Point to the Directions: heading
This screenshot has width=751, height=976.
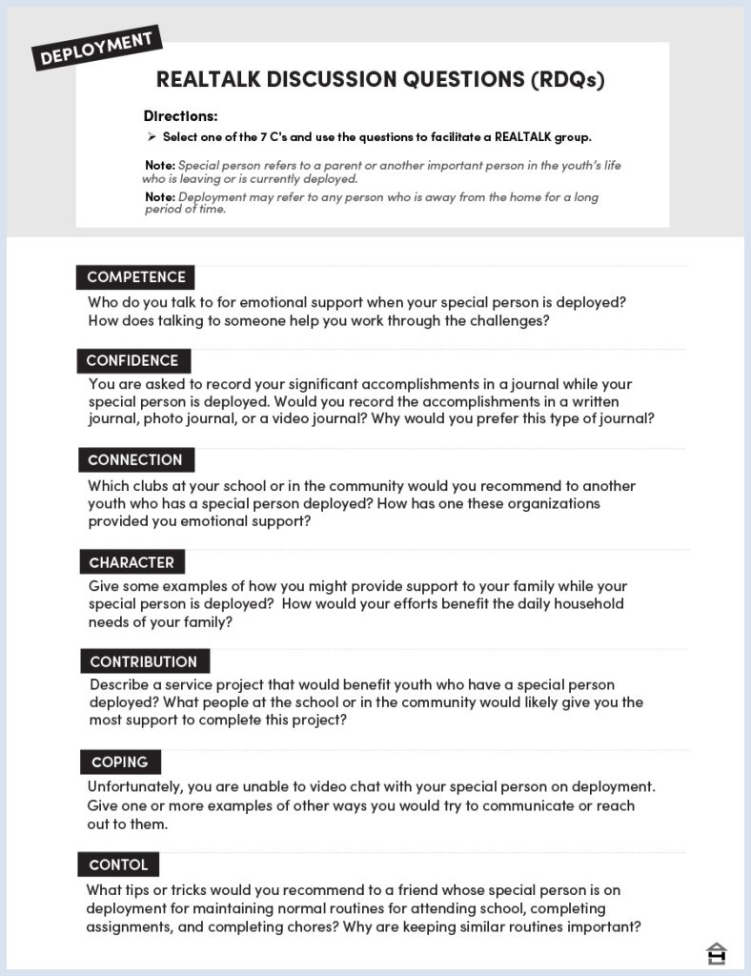pos(181,116)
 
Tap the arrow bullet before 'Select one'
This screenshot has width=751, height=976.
pos(152,137)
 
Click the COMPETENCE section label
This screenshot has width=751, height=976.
pos(136,277)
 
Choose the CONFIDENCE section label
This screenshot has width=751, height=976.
pos(132,360)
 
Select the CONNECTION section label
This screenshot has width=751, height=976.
pos(135,459)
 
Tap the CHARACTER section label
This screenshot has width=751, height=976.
pos(132,562)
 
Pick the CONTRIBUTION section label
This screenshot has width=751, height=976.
pos(143,661)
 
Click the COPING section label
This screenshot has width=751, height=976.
pos(120,762)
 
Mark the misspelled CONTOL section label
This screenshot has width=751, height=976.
pos(118,864)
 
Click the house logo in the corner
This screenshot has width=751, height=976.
pos(716,953)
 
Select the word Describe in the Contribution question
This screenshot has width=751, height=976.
pos(121,684)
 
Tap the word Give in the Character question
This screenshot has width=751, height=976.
pos(105,586)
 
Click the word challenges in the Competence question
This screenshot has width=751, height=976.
pos(509,320)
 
